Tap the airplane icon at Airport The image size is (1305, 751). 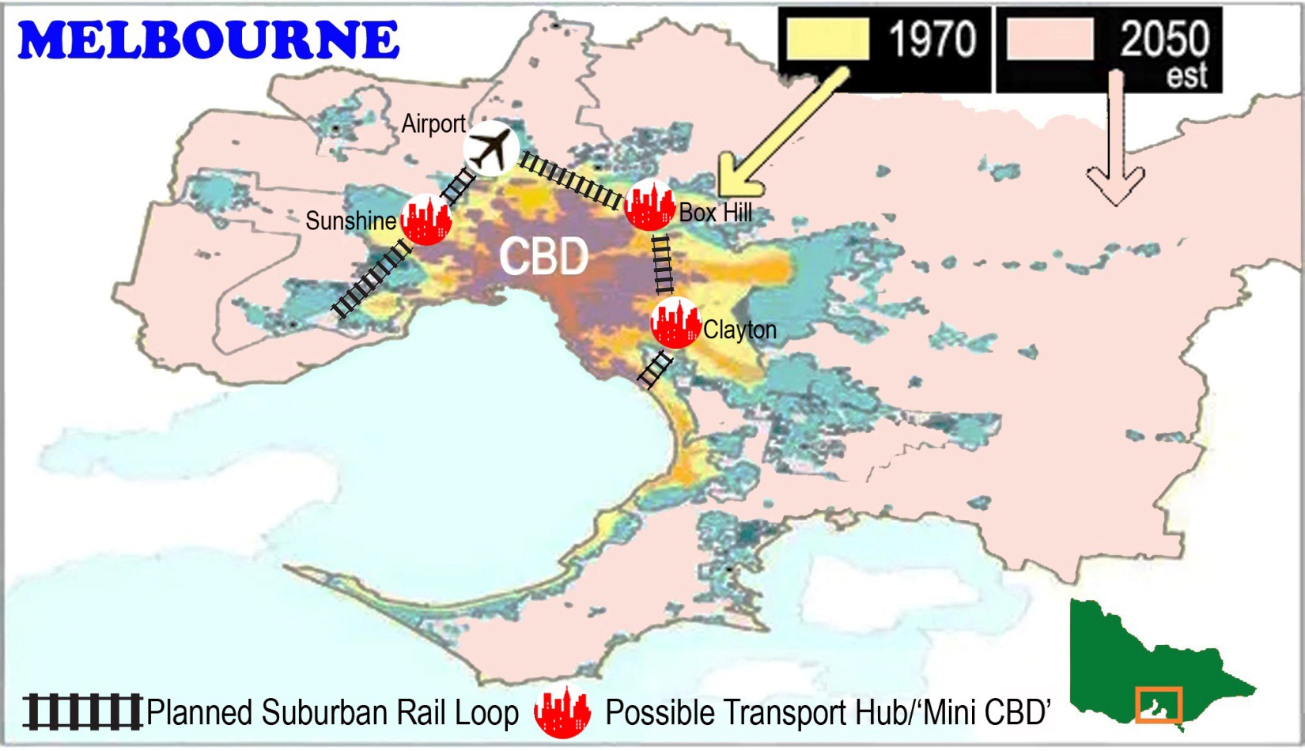click(x=490, y=148)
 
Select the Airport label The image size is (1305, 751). click(x=433, y=124)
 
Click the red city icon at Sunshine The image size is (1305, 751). click(x=426, y=220)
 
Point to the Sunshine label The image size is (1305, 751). click(x=350, y=221)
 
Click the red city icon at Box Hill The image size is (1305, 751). click(x=649, y=205)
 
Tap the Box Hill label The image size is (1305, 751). click(x=716, y=213)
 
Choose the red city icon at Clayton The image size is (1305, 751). click(x=675, y=323)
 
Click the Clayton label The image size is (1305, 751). click(x=739, y=330)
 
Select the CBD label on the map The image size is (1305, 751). click(x=544, y=256)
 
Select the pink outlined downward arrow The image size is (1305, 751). click(x=1116, y=142)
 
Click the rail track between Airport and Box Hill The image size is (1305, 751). click(x=571, y=180)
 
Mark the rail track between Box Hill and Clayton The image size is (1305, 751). click(x=663, y=264)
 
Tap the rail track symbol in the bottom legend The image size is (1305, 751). click(x=82, y=711)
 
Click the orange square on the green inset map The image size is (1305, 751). click(x=1159, y=704)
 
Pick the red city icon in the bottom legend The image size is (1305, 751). click(x=562, y=711)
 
